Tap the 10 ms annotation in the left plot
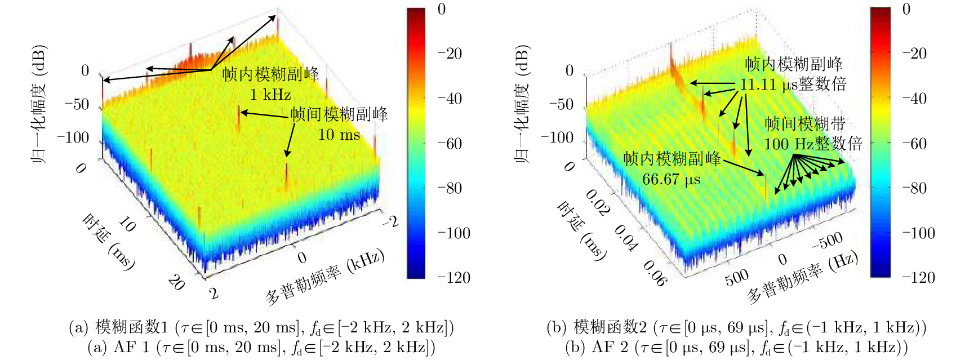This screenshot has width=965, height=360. [x=339, y=135]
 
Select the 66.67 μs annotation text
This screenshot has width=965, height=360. [x=671, y=180]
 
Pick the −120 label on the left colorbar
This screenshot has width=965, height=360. [x=454, y=278]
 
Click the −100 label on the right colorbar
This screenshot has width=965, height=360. [x=919, y=233]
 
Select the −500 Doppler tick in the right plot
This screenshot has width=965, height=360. [x=828, y=241]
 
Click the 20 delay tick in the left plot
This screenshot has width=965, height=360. [x=176, y=282]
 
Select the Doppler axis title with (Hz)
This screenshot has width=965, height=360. [x=802, y=276]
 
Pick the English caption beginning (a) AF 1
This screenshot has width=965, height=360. [x=261, y=347]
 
